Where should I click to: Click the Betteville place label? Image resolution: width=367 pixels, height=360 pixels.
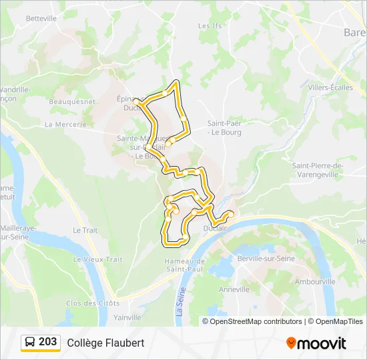(x=41, y=19)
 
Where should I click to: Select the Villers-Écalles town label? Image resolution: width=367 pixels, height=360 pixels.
(x=330, y=87)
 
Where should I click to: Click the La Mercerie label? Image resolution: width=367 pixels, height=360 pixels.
(x=65, y=125)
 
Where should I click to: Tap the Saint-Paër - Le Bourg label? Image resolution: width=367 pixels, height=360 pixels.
(x=224, y=127)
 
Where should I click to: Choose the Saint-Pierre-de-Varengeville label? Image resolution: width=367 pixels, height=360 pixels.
(x=317, y=170)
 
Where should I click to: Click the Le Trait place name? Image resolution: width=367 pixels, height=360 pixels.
(x=85, y=230)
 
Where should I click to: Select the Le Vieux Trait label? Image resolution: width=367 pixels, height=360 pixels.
(x=98, y=259)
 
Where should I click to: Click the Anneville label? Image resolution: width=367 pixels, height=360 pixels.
(x=234, y=289)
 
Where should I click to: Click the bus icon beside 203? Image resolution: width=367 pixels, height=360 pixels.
(x=31, y=343)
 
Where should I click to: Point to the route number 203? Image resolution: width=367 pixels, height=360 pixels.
(x=48, y=342)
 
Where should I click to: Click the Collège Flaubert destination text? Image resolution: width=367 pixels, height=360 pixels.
(x=105, y=343)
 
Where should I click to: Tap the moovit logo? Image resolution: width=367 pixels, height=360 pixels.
(x=316, y=343)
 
